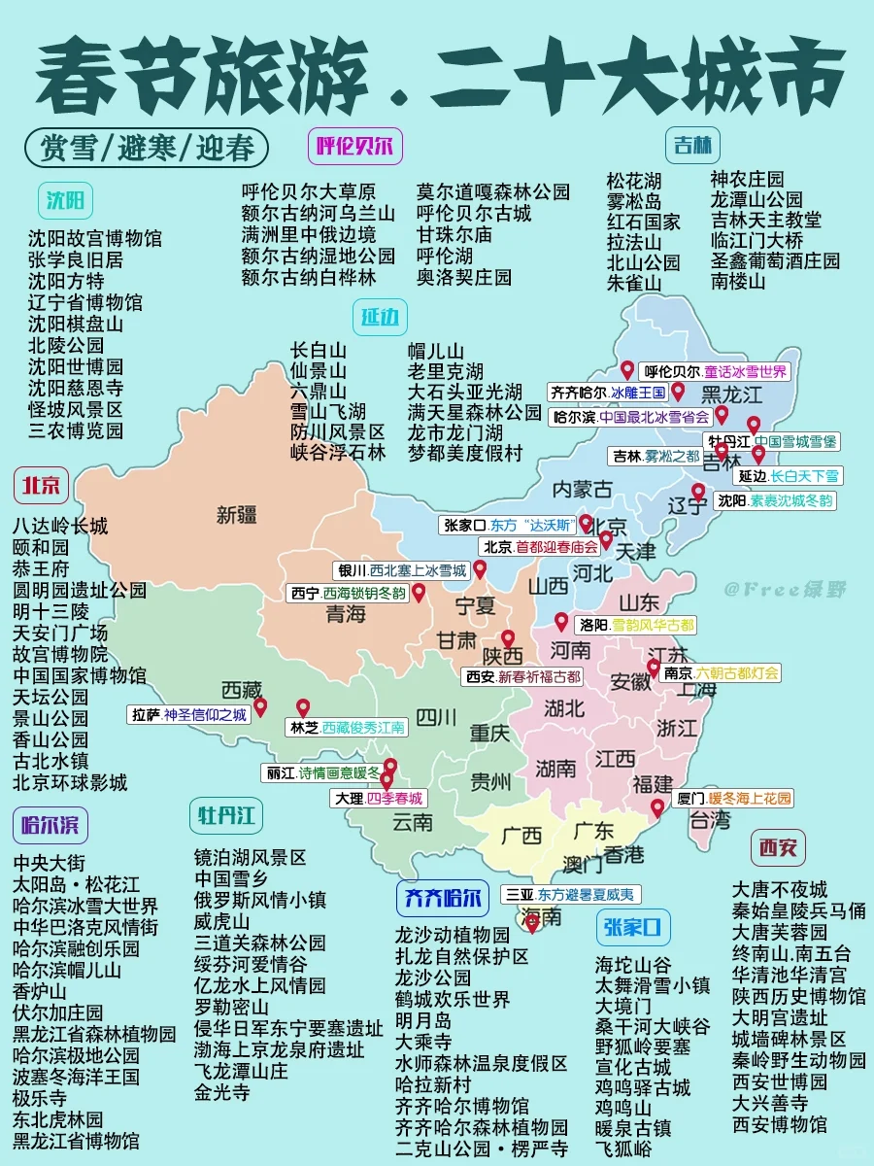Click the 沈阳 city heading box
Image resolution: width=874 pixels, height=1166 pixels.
pos(67,202)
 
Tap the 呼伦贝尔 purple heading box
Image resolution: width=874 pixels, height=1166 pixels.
pos(354,147)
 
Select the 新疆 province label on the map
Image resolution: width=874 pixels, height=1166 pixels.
pos(237,515)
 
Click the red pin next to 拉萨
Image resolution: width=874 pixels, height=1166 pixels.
pos(260,707)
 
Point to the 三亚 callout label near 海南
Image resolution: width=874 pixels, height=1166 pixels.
pos(570,894)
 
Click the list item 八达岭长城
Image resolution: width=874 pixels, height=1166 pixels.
pos(60,527)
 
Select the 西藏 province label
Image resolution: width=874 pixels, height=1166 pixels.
pos(242,690)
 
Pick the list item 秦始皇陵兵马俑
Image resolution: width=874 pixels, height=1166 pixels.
pos(798,910)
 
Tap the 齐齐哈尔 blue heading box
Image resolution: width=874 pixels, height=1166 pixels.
pos(441,899)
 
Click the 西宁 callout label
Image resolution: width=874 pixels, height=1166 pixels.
pos(348,593)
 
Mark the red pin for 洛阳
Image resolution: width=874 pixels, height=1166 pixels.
pos(561,622)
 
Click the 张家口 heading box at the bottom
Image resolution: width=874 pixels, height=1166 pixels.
pos(633,927)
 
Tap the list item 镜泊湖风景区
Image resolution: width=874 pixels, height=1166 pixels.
pos(250,857)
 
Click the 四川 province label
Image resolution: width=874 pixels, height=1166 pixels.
pos(436,718)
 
